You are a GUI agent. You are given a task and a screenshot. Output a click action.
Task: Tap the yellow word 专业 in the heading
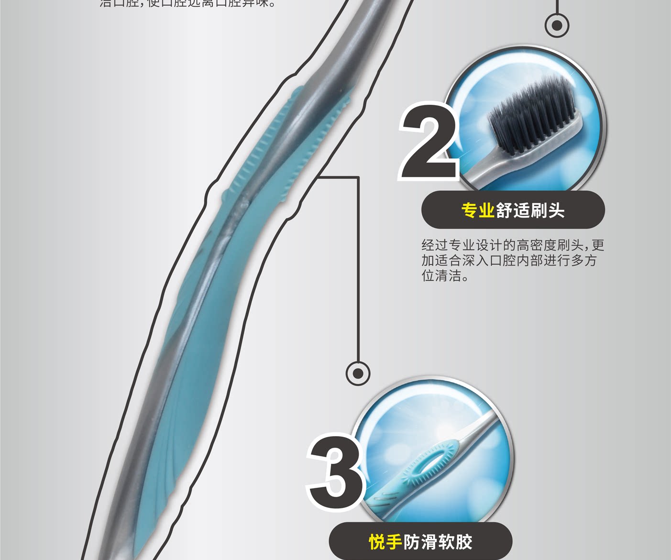pyautogui.click(x=477, y=210)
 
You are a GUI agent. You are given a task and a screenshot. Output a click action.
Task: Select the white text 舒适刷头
pyautogui.click(x=530, y=210)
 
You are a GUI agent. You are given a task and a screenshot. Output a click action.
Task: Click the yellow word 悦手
pyautogui.click(x=385, y=542)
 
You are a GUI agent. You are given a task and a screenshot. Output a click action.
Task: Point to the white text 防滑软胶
pyautogui.click(x=438, y=542)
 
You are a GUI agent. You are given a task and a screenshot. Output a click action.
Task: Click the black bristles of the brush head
pyautogui.click(x=531, y=117)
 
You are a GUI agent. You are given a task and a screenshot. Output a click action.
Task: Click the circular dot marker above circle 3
pyautogui.click(x=358, y=373)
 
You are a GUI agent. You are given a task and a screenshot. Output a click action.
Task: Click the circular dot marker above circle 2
pyautogui.click(x=557, y=25)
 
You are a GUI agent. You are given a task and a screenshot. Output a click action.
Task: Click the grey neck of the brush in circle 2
pyautogui.click(x=483, y=167)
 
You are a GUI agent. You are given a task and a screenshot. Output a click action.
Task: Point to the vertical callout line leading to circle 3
pyautogui.click(x=358, y=268)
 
